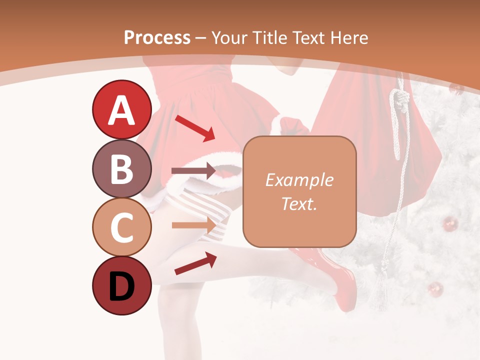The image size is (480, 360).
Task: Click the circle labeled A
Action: pos(121,109)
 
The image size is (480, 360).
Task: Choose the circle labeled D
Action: pos(121,285)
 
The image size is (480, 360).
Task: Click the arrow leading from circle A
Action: pos(194,127)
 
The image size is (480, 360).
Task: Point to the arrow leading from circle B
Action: pos(193,171)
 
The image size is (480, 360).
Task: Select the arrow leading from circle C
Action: pos(193,225)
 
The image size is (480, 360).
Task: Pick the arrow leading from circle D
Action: pos(195,263)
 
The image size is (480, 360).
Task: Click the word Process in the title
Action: pos(157,37)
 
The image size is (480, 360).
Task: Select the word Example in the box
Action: pos(299,180)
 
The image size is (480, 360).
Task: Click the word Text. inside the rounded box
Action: pos(299,203)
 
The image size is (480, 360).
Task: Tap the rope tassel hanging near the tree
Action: pos(382,290)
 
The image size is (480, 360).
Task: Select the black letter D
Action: pos(121,286)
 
